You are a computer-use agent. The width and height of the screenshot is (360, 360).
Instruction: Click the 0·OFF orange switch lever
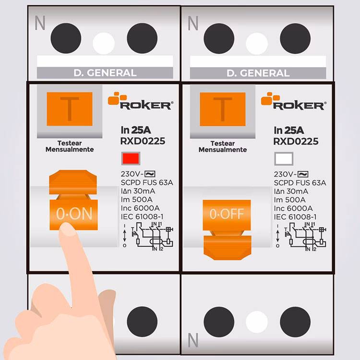pos(227,229)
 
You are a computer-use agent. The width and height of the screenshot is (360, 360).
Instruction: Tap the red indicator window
pos(131,158)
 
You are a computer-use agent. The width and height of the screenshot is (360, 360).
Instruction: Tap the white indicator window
pos(284,159)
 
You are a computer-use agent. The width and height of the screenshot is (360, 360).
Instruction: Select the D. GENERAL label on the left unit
pos(105,73)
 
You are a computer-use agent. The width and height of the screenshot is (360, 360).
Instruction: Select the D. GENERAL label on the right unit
pos(258,73)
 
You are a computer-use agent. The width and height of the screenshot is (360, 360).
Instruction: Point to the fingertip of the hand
pos(67,228)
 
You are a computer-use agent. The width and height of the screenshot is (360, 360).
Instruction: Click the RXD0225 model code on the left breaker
pos(143,141)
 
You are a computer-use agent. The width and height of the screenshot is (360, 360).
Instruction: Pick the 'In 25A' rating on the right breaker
pos(288,131)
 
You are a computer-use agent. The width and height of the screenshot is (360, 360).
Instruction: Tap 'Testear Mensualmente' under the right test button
pos(222,146)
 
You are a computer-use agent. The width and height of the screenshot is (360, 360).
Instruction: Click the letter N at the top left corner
pos(40,23)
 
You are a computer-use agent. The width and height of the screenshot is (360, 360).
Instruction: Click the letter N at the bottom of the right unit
pos(193,340)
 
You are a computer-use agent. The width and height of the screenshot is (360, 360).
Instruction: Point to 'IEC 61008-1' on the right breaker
pos(295,217)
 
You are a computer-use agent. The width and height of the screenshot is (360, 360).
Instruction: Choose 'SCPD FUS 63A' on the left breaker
pos(147,182)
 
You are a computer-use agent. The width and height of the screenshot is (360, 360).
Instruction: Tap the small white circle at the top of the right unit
pos(257,44)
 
